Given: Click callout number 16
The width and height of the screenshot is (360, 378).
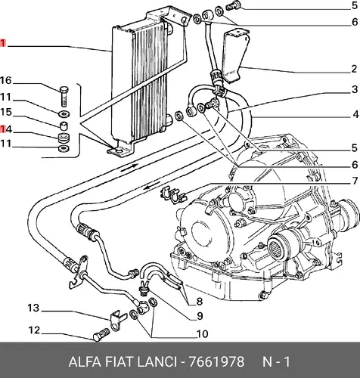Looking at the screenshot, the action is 6,81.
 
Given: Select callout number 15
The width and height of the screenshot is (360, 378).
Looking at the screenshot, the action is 6,112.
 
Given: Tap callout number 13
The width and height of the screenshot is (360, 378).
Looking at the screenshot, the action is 33,308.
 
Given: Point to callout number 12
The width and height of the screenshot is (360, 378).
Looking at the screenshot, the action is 34,330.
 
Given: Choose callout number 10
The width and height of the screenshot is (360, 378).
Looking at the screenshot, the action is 202,334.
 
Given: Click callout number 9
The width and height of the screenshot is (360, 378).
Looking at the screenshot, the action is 200,316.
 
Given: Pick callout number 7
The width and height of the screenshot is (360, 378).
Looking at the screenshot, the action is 355,181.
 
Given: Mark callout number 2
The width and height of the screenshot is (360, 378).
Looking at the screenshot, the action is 354,69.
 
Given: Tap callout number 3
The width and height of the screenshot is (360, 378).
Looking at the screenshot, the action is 355,89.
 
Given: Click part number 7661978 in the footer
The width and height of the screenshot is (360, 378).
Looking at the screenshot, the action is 216,362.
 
